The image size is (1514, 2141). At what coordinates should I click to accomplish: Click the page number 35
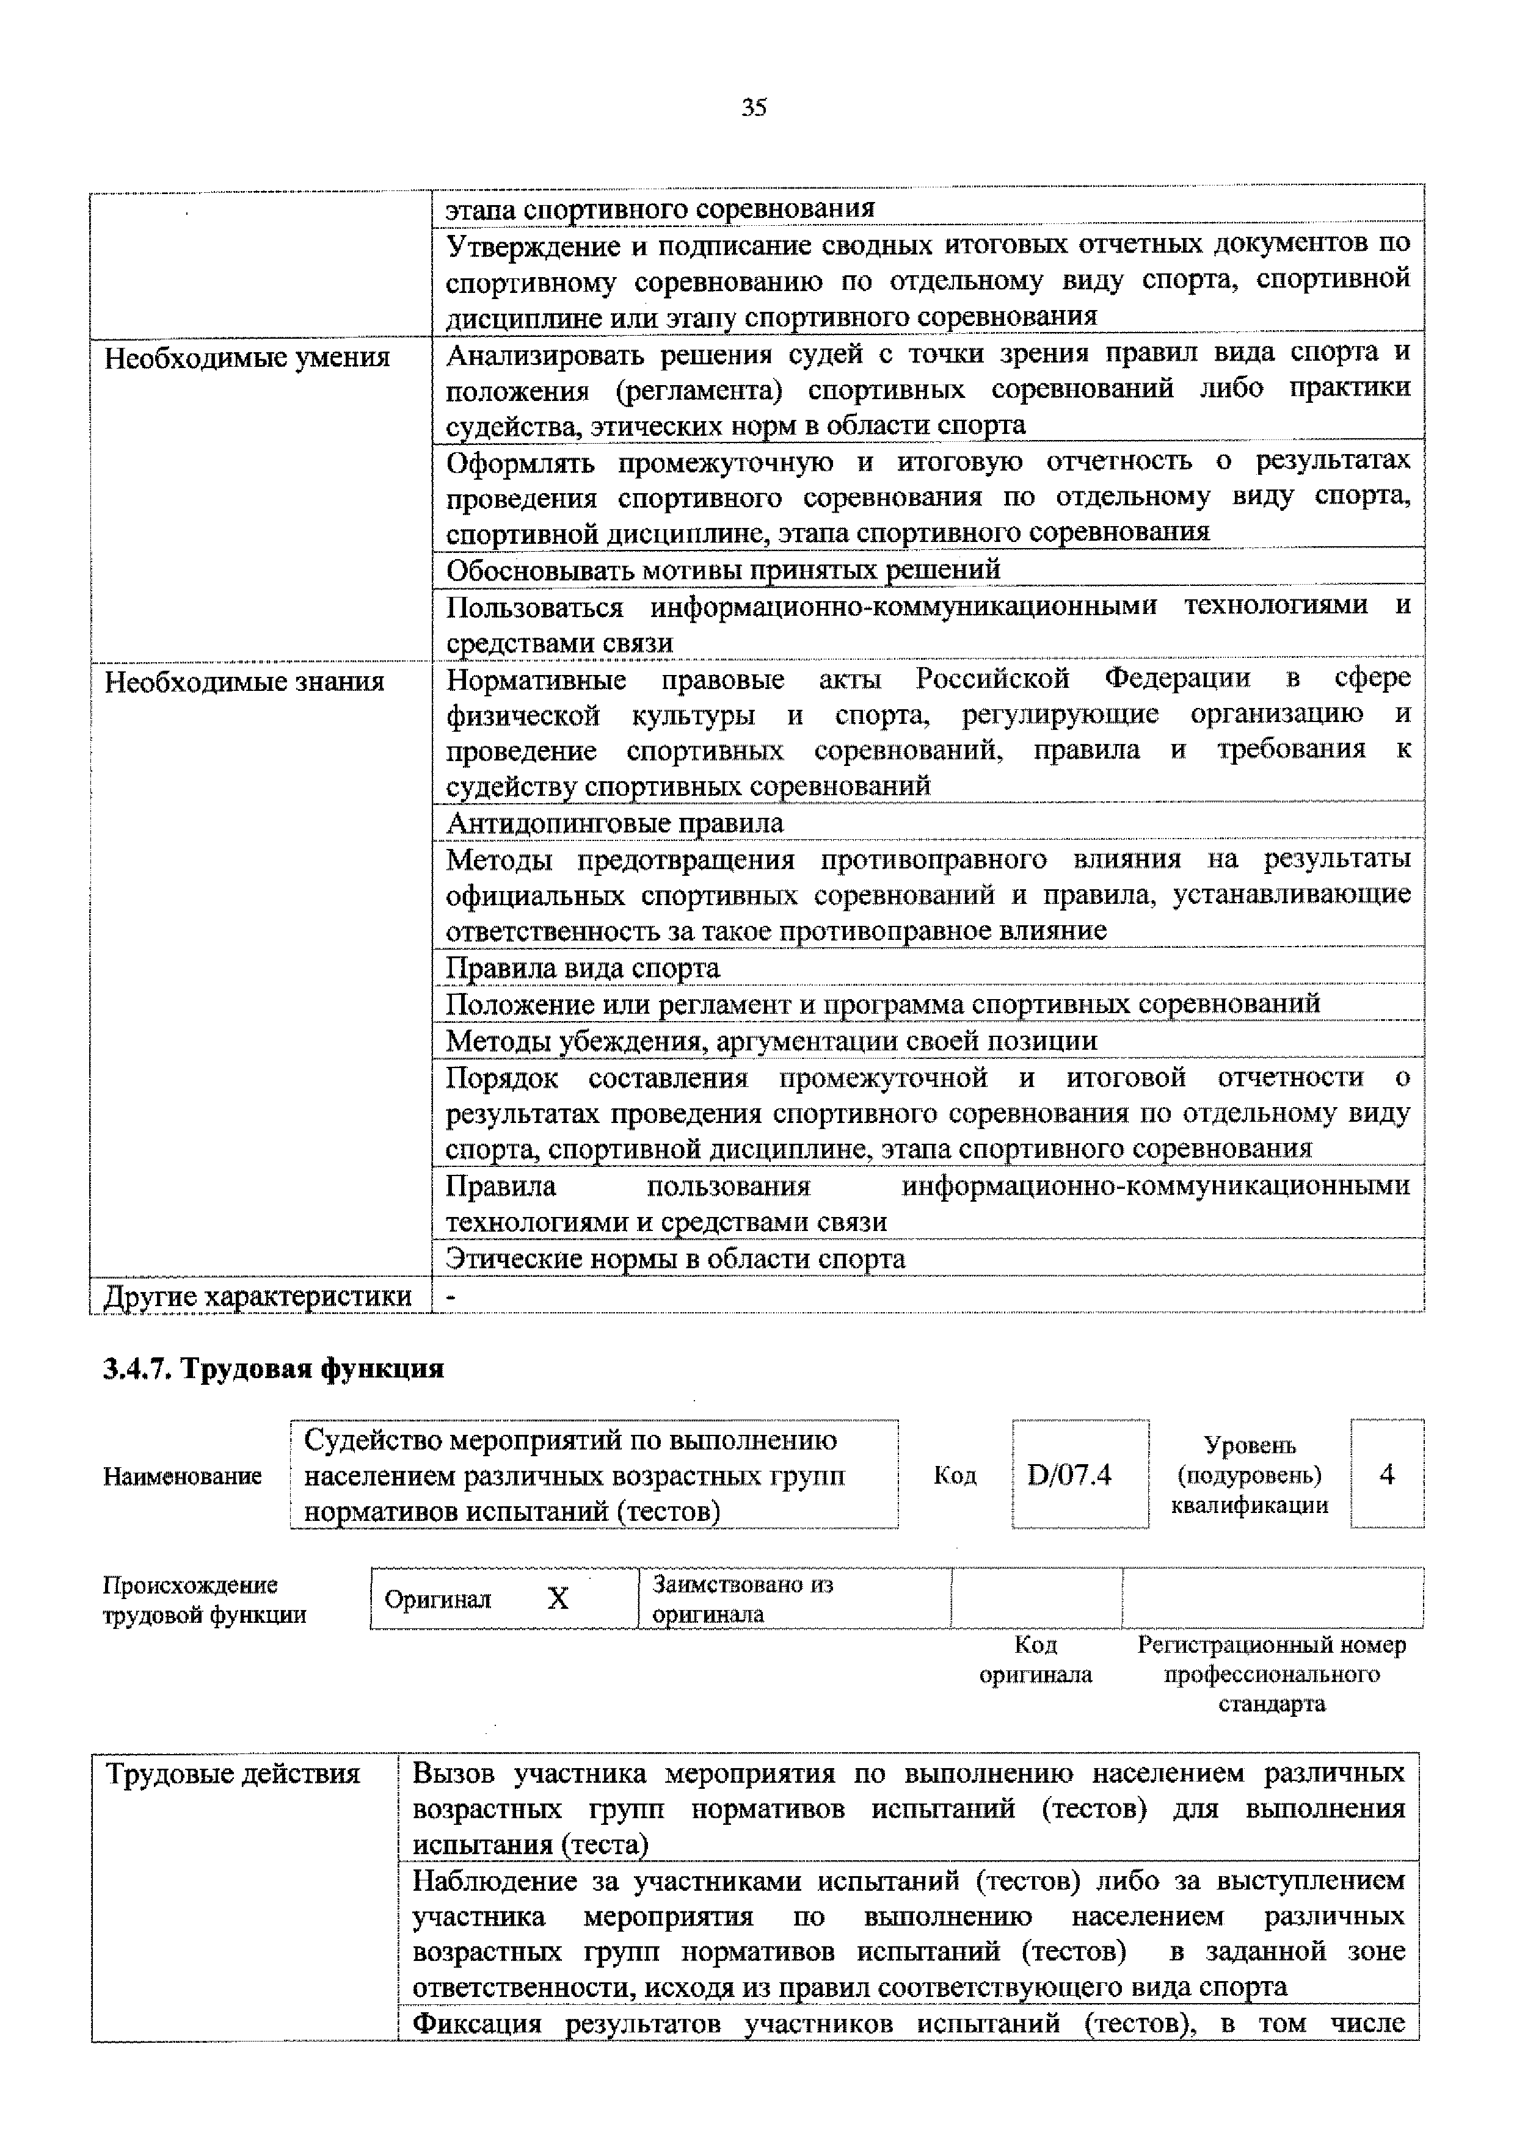click(754, 108)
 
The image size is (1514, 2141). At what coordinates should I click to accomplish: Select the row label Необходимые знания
click(244, 682)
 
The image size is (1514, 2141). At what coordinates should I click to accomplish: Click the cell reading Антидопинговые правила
click(615, 823)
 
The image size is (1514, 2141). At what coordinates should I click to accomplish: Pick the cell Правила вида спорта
click(583, 968)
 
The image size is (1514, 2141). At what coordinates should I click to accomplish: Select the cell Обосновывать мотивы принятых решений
click(723, 569)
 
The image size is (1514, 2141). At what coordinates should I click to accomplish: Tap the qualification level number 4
click(1386, 1475)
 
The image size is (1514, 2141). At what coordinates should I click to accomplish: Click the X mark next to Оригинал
click(557, 1598)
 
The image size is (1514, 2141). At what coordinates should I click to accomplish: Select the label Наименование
click(182, 1476)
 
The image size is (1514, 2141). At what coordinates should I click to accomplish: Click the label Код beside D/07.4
click(955, 1475)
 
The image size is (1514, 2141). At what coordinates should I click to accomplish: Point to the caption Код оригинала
click(1035, 1659)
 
